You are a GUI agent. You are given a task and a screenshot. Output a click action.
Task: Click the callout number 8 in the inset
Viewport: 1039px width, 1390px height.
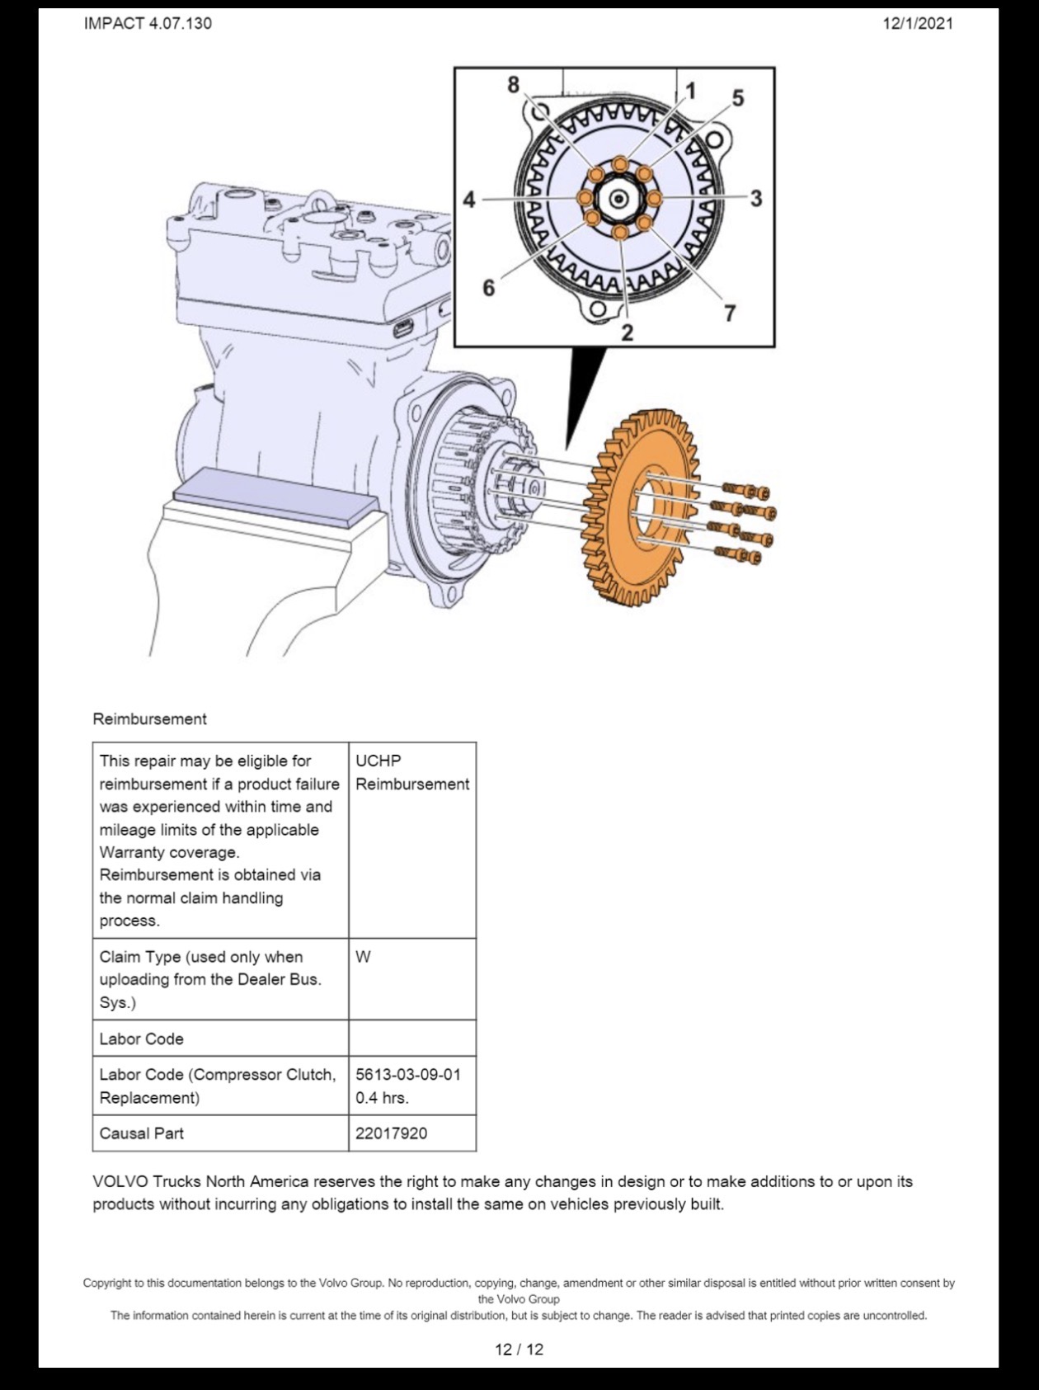point(514,85)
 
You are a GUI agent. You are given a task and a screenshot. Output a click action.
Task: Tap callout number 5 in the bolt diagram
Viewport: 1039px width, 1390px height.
point(738,98)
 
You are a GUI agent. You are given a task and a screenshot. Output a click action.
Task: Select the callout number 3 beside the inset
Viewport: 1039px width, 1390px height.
point(755,199)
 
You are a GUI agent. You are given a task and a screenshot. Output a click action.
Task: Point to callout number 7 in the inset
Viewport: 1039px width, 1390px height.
point(730,313)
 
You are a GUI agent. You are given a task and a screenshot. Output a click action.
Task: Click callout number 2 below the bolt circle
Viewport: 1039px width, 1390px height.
point(628,333)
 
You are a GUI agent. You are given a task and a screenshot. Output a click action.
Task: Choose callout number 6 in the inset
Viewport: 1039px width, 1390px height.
point(489,288)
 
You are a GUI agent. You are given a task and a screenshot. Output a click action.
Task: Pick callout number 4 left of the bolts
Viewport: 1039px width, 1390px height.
point(469,200)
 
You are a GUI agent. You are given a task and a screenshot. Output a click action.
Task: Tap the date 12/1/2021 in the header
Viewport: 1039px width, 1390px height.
point(918,23)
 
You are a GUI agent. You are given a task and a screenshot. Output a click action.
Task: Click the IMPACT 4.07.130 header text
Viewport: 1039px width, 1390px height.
point(148,23)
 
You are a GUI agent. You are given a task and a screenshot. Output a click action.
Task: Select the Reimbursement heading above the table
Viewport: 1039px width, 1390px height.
point(149,719)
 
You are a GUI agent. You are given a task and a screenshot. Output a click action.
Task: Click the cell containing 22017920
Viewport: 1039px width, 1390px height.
point(412,1133)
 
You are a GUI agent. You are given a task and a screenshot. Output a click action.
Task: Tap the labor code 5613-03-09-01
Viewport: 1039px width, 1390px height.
point(408,1075)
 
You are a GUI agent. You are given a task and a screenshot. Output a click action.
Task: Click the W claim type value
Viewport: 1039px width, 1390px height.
point(363,957)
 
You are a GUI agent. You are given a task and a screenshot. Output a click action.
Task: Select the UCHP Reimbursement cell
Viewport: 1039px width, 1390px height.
point(412,840)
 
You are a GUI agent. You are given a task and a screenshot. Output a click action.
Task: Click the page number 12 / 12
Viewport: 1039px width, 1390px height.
point(519,1350)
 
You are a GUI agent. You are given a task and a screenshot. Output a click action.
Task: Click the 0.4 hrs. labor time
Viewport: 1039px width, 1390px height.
point(382,1098)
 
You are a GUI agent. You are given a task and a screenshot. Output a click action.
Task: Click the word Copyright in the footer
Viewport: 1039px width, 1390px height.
point(106,1283)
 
